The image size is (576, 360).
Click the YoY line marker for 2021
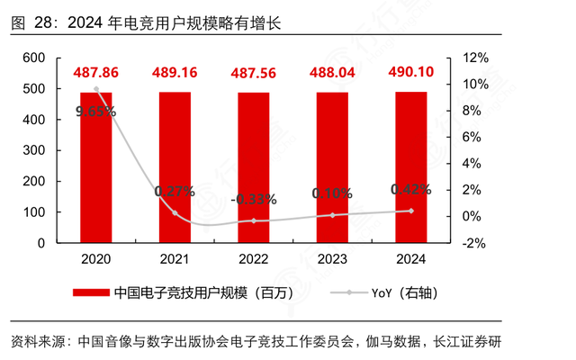point(175,213)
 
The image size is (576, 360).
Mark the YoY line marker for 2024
point(411,211)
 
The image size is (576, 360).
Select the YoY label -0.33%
point(254,199)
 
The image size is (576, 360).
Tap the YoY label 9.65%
point(95,112)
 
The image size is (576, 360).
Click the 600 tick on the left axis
point(33,58)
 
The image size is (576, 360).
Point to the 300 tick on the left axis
point(33,150)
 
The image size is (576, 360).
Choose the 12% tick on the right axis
point(475,58)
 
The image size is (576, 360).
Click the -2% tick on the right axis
point(475,243)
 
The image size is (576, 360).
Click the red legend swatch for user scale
point(91,292)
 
